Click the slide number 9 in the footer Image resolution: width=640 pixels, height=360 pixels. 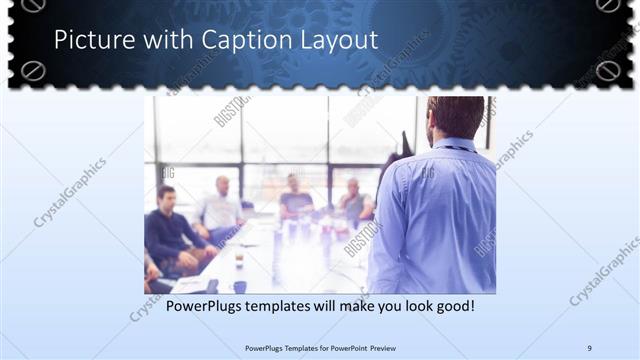click(x=589, y=347)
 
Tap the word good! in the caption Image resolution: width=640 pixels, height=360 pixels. click(x=452, y=305)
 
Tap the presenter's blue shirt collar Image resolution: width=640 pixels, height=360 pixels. click(x=456, y=145)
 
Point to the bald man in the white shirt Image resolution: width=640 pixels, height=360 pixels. click(x=221, y=205)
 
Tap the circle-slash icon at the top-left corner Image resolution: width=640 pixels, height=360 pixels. click(x=34, y=70)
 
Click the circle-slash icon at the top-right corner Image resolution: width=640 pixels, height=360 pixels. click(x=607, y=5)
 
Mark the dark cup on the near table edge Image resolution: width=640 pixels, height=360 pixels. click(x=240, y=286)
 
